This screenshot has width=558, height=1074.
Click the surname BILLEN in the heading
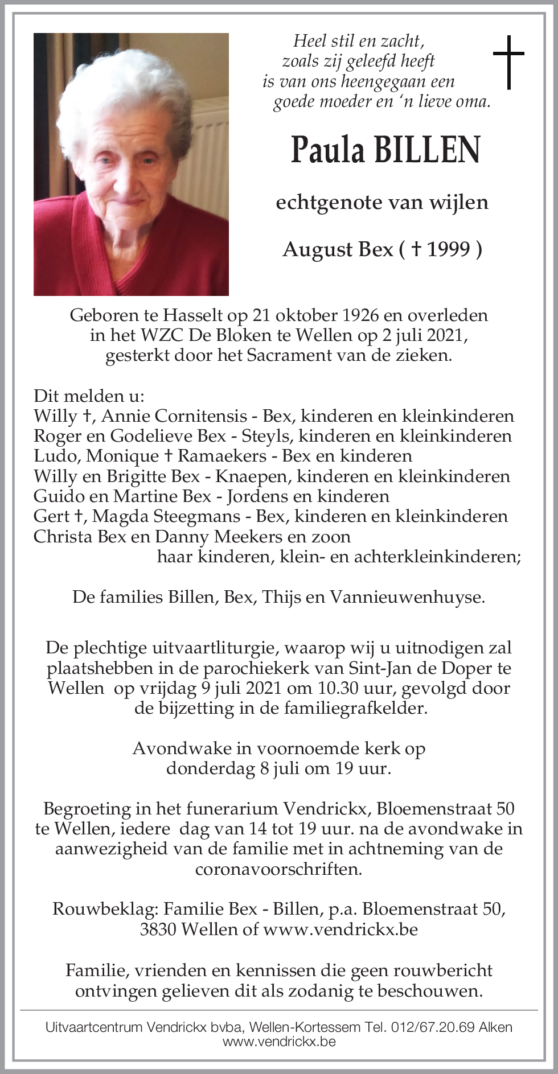426,150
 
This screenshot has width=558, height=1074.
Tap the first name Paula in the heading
327,150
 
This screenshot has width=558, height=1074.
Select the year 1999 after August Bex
449,249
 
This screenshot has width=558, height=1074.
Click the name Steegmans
195,516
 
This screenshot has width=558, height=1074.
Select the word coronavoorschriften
278,869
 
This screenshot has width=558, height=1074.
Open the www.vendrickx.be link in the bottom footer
278,1042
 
